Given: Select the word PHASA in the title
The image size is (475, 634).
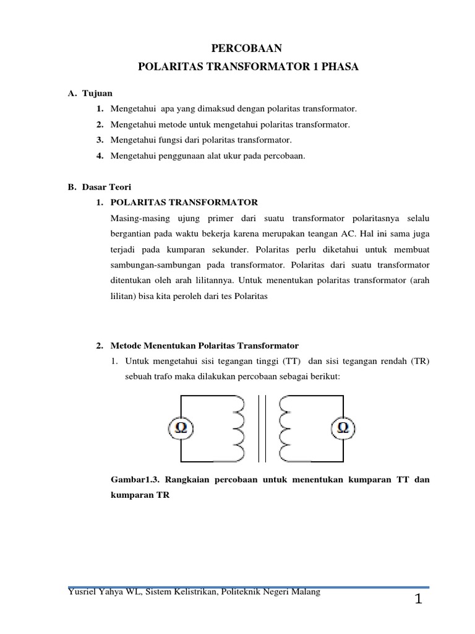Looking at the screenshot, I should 337,66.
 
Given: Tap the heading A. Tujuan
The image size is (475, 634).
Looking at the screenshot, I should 90,93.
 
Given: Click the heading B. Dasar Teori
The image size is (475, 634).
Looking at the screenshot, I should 100,186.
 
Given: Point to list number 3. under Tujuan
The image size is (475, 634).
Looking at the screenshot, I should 100,141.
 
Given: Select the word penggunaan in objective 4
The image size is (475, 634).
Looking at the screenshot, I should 178,156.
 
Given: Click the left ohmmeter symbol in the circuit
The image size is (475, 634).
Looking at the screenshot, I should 182,428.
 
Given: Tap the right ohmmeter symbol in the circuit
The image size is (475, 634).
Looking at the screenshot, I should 343,428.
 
